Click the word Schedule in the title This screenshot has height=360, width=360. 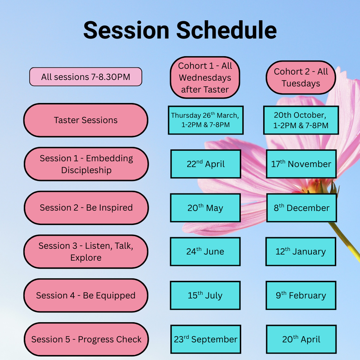(x=226, y=30)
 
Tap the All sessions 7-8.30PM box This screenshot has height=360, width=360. (x=85, y=76)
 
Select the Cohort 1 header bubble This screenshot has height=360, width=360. (x=205, y=77)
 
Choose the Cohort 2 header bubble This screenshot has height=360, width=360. (x=301, y=77)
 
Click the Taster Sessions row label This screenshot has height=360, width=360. (x=86, y=120)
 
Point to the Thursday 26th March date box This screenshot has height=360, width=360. (x=206, y=120)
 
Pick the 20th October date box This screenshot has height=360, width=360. (x=301, y=120)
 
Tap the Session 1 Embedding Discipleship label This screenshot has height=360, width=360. (x=86, y=164)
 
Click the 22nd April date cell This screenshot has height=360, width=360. (x=206, y=164)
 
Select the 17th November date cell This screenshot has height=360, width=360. (x=301, y=164)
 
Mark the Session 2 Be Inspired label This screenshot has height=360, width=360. (x=86, y=207)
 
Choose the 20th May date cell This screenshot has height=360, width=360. (x=205, y=208)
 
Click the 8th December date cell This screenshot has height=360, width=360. (x=301, y=208)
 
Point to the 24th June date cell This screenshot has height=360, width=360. (x=205, y=252)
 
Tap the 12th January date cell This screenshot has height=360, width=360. (x=301, y=252)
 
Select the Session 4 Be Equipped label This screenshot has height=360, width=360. (x=86, y=295)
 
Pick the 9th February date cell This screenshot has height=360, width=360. (x=301, y=296)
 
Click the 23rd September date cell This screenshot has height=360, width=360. (x=206, y=339)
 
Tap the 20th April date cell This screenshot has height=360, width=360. (x=301, y=339)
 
